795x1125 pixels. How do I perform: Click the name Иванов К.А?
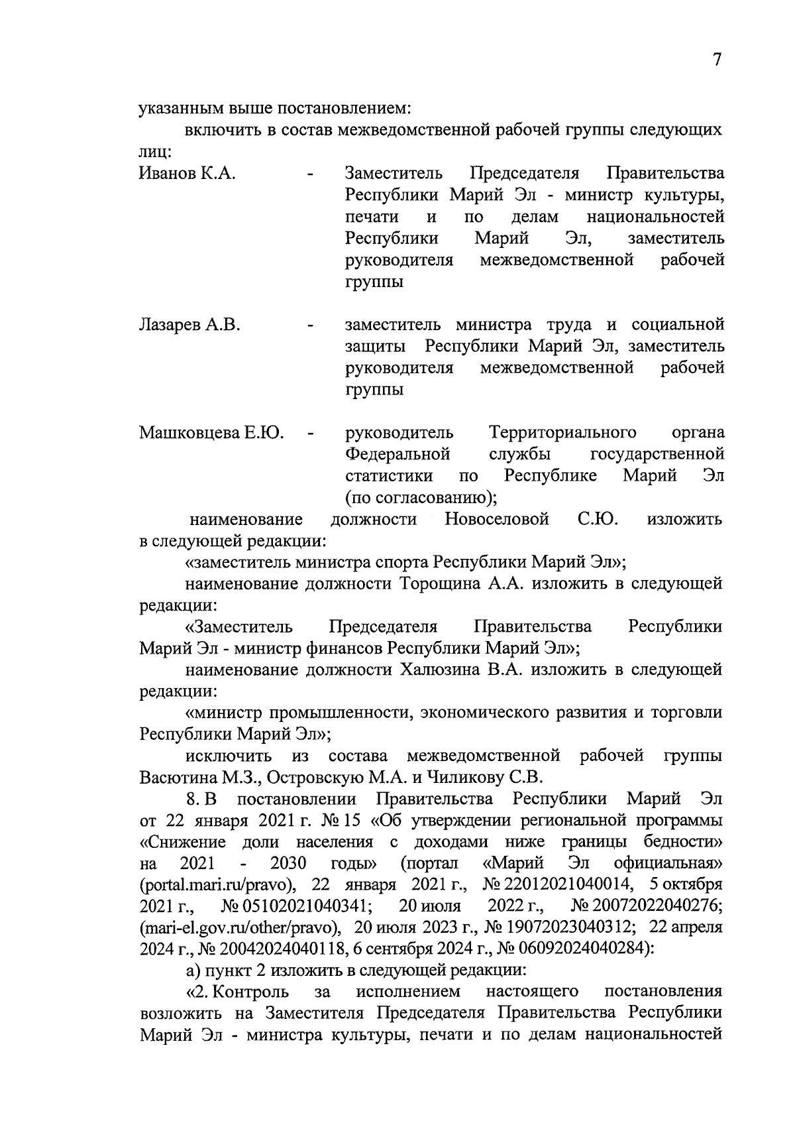click(187, 174)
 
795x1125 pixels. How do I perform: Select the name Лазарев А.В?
click(189, 325)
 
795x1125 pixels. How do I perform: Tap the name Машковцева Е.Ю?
click(211, 433)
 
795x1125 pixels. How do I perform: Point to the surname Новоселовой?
click(497, 519)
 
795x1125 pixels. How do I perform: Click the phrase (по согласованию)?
click(421, 497)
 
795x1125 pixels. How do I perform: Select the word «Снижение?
click(183, 842)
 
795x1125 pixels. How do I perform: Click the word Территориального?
click(562, 433)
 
